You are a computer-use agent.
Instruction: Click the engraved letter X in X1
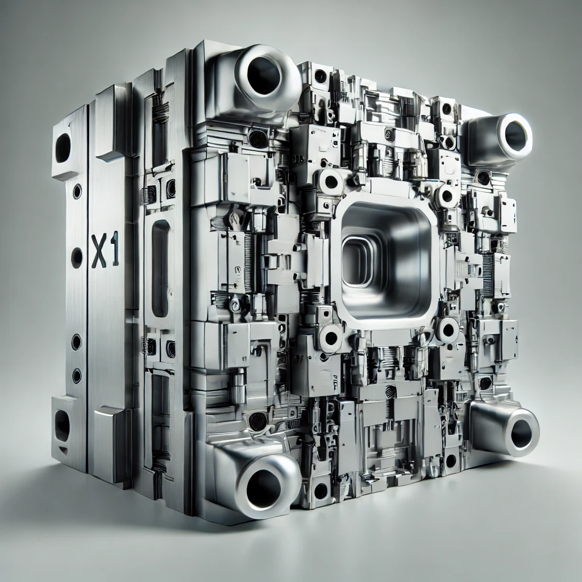click(x=99, y=251)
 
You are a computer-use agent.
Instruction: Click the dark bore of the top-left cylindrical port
click(x=264, y=76)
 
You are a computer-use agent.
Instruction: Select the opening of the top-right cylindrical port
click(x=516, y=136)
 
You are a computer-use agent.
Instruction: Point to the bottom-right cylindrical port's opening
click(x=521, y=434)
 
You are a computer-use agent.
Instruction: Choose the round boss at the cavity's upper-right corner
click(x=447, y=196)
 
